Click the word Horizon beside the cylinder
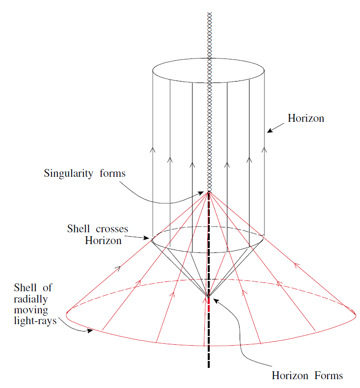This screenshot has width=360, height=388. point(305,118)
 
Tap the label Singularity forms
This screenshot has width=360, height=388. point(84,173)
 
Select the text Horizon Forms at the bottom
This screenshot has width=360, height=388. point(307,376)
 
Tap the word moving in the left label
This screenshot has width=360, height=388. point(31,310)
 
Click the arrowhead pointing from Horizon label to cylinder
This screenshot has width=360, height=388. point(269,131)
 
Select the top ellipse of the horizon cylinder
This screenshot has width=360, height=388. point(209,59)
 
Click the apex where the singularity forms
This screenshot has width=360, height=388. point(209,192)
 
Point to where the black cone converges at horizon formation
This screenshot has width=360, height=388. point(209,297)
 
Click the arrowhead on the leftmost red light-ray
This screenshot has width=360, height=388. point(118,268)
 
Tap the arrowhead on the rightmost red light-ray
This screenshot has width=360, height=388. point(296,265)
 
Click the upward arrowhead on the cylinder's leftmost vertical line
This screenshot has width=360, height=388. point(152,150)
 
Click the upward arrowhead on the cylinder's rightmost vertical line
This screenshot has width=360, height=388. point(264,150)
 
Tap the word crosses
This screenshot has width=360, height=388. point(112,229)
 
